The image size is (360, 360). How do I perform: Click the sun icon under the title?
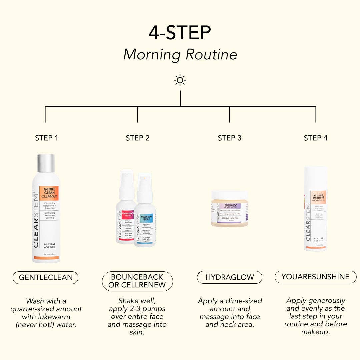pyautogui.click(x=180, y=80)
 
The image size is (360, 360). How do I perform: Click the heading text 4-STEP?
pyautogui.click(x=180, y=33)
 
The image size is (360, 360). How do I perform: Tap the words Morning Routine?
pyautogui.click(x=180, y=54)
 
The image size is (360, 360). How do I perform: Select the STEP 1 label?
pyautogui.click(x=46, y=138)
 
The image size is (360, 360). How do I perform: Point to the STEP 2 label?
pyautogui.click(x=137, y=138)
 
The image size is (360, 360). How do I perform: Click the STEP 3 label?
pyautogui.click(x=229, y=138)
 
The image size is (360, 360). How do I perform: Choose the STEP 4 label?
pyautogui.click(x=315, y=138)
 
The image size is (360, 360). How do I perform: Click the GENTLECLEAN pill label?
pyautogui.click(x=46, y=277)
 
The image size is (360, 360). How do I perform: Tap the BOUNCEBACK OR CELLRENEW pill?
pyautogui.click(x=137, y=281)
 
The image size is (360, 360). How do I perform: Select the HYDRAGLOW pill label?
pyautogui.click(x=229, y=277)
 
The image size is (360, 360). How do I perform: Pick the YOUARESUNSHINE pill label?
pyautogui.click(x=315, y=277)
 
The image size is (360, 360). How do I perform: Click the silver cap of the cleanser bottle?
pyautogui.click(x=46, y=163)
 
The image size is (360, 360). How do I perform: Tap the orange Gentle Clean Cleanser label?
pyautogui.click(x=49, y=193)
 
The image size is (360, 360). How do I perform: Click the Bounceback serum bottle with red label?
pyautogui.click(x=125, y=207)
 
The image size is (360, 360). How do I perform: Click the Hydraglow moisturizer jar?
pyautogui.click(x=230, y=209)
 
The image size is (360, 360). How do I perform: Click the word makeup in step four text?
pyautogui.click(x=315, y=332)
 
